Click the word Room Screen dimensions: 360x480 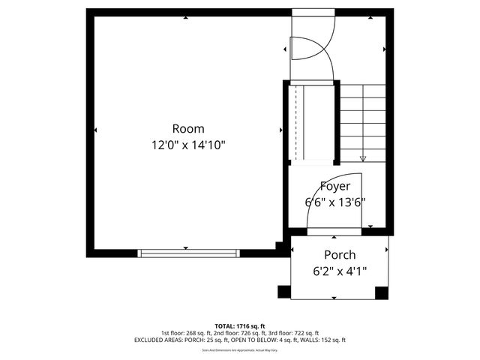(x=188, y=128)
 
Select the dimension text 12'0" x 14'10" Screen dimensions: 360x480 (x=188, y=145)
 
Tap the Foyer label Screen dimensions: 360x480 (x=335, y=186)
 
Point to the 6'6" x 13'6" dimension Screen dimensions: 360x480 (x=335, y=202)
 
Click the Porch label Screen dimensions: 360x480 (x=340, y=255)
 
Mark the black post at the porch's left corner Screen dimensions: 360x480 (x=284, y=292)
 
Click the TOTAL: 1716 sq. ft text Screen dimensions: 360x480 (x=240, y=326)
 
